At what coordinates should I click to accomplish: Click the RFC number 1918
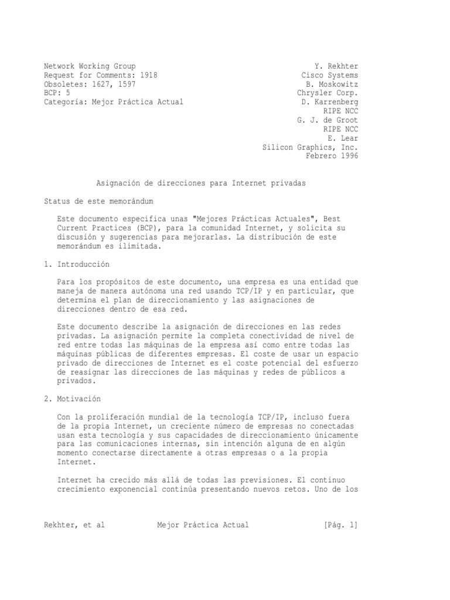point(148,75)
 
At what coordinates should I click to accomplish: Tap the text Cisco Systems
point(329,75)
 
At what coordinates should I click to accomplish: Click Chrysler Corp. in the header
point(327,93)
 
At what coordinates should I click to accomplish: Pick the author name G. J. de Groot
point(327,120)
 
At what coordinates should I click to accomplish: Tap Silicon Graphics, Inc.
point(309,146)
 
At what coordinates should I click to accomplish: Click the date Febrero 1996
point(332,155)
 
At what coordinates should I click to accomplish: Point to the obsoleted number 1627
point(108,84)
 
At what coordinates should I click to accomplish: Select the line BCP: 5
point(57,93)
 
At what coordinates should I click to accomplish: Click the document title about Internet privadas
point(201,183)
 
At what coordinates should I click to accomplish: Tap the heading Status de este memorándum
point(98,202)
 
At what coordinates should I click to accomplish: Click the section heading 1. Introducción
point(77,264)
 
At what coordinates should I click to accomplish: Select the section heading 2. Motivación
point(73,398)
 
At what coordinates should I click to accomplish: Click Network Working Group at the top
point(90,66)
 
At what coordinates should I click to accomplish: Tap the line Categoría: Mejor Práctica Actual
point(114,101)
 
